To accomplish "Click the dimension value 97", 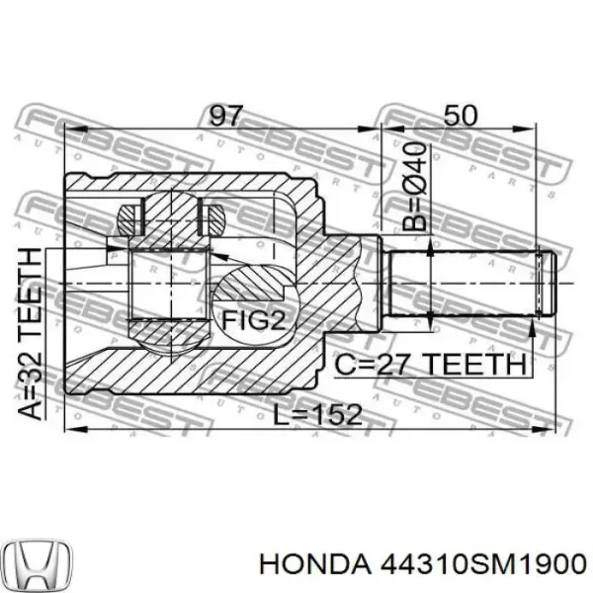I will pos(226,115).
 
